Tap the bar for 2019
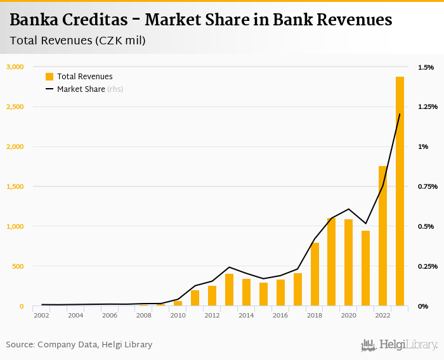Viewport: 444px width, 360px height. coord(332,262)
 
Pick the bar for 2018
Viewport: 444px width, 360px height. coord(315,274)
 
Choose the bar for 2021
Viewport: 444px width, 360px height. coord(365,268)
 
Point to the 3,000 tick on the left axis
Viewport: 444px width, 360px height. coord(15,67)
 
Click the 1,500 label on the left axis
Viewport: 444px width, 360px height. coord(15,186)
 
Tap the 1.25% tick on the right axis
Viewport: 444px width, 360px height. coord(428,106)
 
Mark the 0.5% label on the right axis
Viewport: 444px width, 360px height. coord(425,226)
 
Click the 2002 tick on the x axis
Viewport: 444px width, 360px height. coord(42,315)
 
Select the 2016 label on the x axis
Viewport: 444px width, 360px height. coord(280,315)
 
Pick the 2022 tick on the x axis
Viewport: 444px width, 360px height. coord(382,315)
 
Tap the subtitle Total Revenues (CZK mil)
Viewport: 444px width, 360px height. coord(77,41)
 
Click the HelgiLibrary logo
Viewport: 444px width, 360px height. coord(399,345)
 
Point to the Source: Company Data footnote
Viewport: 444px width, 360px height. coord(79,345)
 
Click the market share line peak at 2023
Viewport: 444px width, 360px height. coord(400,114)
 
